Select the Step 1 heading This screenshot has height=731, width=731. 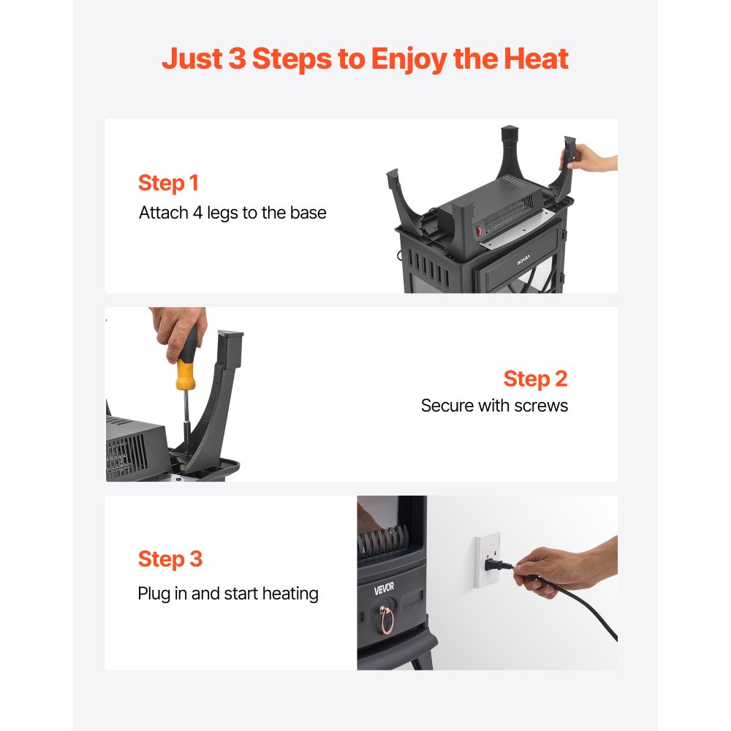click(x=168, y=183)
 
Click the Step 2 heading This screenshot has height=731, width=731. click(x=535, y=379)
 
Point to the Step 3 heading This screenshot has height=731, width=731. click(x=170, y=559)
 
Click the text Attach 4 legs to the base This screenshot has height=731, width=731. click(x=232, y=213)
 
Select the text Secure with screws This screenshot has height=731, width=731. click(x=494, y=406)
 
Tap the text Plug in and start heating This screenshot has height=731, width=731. click(x=228, y=593)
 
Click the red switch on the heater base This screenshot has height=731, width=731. click(x=480, y=230)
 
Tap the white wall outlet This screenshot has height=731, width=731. click(x=486, y=560)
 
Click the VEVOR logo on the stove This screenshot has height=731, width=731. click(x=384, y=588)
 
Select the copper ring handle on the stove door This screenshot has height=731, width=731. click(x=387, y=621)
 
